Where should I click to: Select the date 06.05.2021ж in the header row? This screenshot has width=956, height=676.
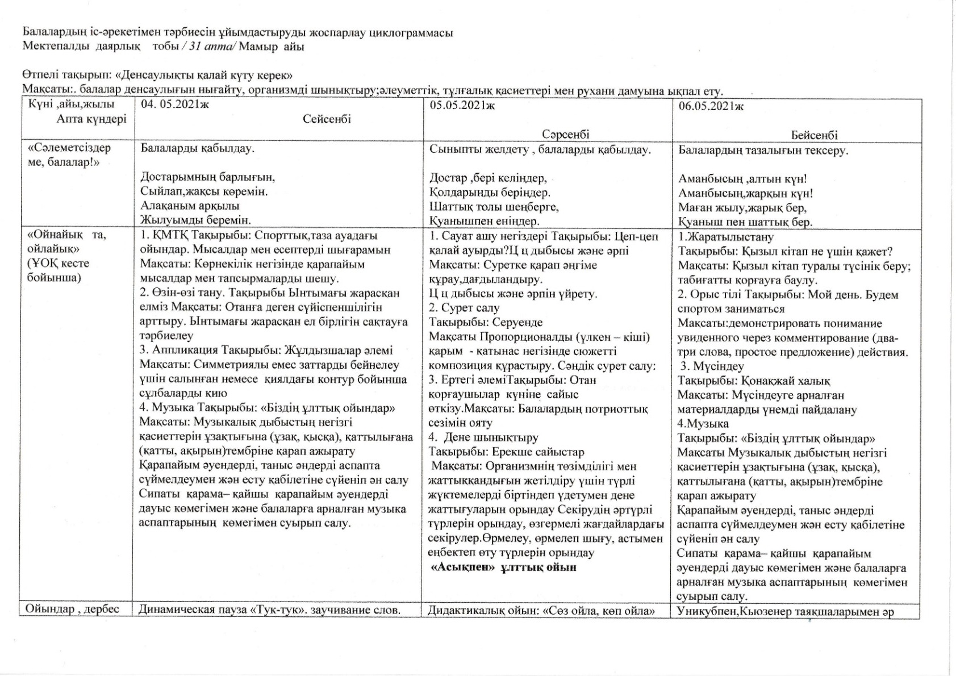click(x=711, y=106)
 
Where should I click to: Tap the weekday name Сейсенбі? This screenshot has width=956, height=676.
click(x=327, y=119)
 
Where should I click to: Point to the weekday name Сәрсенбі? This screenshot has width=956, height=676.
click(x=565, y=135)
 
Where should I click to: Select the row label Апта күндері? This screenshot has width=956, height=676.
click(x=91, y=119)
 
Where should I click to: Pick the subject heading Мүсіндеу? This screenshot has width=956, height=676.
click(x=719, y=366)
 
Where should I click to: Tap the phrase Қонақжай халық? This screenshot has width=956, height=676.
click(x=781, y=381)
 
